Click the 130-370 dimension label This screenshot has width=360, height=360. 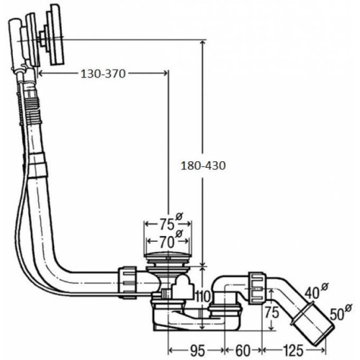click(103, 74)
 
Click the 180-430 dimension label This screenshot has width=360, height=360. click(203, 166)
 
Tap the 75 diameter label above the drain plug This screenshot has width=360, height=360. click(167, 225)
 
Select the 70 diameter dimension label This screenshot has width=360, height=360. click(167, 242)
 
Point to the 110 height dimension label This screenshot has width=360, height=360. click(203, 297)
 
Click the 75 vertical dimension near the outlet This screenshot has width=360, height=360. click(272, 312)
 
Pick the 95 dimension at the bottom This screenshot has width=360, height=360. click(197, 351)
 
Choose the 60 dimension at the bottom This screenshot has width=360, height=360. click(243, 351)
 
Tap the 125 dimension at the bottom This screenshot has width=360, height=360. click(293, 351)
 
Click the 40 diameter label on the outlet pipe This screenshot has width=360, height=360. click(312, 293)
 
